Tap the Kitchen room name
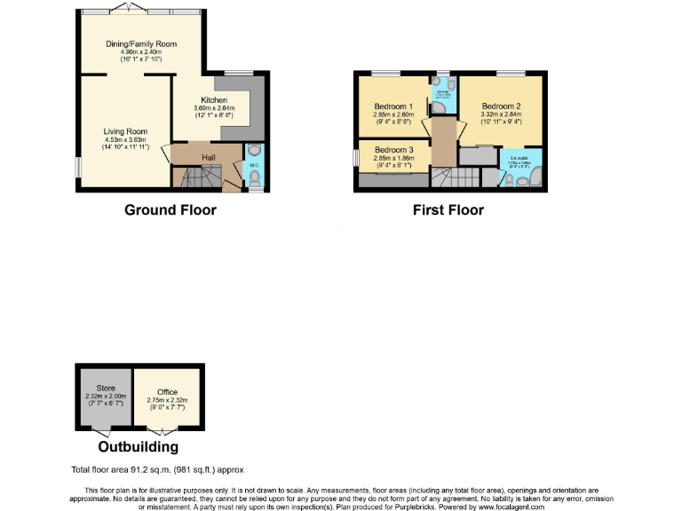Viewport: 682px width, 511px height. click(213, 100)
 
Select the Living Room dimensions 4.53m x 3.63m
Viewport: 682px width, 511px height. click(124, 139)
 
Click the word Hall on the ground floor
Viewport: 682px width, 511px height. click(208, 157)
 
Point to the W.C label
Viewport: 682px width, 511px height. click(253, 165)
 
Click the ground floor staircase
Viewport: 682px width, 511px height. click(194, 179)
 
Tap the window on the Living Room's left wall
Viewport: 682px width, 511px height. click(78, 166)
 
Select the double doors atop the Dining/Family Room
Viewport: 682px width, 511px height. click(135, 8)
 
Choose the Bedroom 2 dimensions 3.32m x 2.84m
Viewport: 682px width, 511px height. click(500, 114)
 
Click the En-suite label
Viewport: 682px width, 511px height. click(519, 158)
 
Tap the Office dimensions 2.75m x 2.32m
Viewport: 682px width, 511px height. click(167, 401)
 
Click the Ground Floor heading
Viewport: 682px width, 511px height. click(170, 210)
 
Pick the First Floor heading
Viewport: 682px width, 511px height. click(448, 210)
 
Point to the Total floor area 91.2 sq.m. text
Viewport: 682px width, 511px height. click(157, 469)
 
